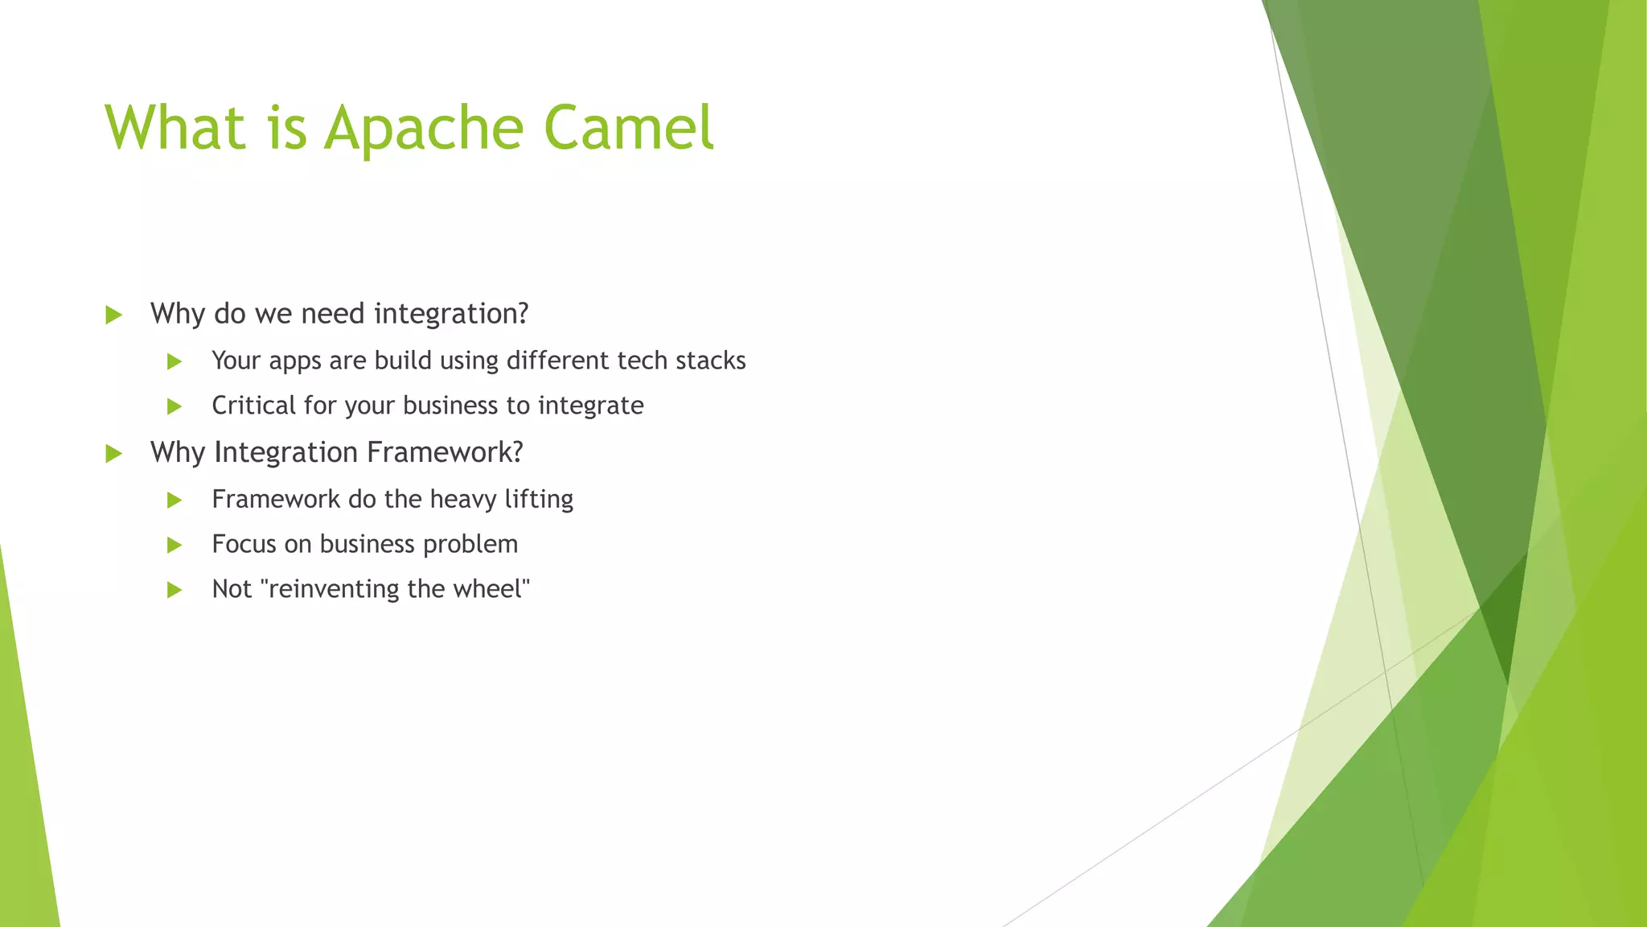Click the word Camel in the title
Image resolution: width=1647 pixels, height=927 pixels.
coord(628,127)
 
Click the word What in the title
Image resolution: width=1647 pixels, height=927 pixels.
coord(175,127)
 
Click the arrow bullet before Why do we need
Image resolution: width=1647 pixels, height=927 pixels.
coord(113,315)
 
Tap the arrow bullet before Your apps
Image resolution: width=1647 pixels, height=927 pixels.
coord(175,361)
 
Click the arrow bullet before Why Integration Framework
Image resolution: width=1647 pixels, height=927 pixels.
coord(113,453)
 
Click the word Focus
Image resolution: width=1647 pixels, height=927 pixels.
coord(244,544)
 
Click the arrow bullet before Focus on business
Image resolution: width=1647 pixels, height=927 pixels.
coord(175,545)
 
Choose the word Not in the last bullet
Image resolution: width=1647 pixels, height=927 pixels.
coord(232,589)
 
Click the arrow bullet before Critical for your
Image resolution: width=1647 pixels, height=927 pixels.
coord(175,406)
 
